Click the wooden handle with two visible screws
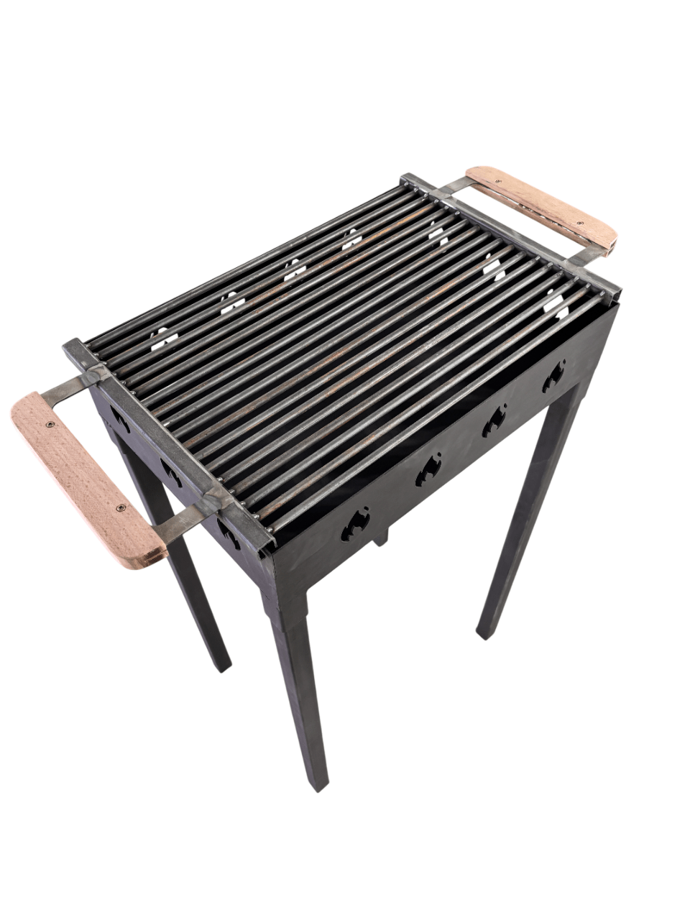point(86,478)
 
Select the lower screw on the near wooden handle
point(121,508)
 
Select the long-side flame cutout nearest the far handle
point(553,375)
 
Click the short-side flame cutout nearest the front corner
point(229,532)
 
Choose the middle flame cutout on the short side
point(171,471)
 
